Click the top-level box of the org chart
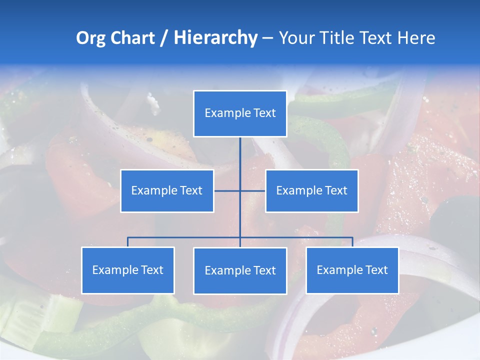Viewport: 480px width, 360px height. [240, 113]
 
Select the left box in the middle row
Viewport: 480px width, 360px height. [167, 191]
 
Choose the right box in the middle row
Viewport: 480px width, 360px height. [311, 191]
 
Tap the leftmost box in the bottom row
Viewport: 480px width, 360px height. [128, 270]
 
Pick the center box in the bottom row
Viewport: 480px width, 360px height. [240, 271]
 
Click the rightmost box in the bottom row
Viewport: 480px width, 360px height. [352, 270]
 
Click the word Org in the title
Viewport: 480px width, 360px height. [90, 38]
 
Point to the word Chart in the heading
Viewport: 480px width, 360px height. [132, 38]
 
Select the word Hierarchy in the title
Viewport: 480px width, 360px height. [215, 38]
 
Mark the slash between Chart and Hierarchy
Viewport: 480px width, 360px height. [164, 38]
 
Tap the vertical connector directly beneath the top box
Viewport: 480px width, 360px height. [240, 152]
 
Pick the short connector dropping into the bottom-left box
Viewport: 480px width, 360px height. [128, 242]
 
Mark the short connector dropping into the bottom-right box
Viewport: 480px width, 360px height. [352, 242]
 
